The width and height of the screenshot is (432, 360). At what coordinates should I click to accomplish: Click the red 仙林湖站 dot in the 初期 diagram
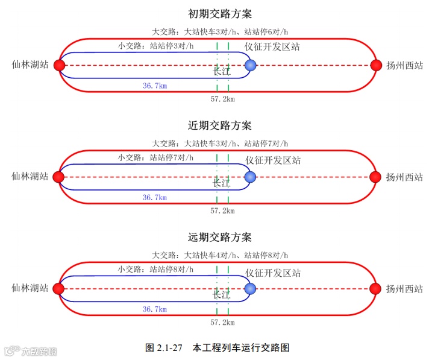(x=59, y=65)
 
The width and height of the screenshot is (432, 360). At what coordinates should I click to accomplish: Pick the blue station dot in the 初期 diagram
(x=251, y=65)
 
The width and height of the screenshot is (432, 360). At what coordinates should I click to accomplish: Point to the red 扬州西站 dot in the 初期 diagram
(x=377, y=65)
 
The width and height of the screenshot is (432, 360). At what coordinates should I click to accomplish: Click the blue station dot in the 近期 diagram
(x=251, y=177)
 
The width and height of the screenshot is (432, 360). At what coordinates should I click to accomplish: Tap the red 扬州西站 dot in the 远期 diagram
(x=377, y=288)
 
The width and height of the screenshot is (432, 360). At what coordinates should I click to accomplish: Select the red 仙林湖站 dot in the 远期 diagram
(x=59, y=288)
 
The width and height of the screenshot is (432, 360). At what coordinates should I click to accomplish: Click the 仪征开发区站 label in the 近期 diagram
(x=273, y=160)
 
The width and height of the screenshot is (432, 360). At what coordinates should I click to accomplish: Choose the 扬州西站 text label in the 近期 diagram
(x=404, y=177)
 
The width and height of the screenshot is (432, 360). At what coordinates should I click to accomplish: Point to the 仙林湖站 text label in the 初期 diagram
(x=30, y=65)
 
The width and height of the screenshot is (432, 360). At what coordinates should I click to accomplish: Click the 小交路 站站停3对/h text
(x=156, y=46)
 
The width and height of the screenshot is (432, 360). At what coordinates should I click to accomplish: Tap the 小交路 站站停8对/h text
(x=156, y=269)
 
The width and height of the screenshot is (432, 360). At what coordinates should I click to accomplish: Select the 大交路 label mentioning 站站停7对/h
(x=220, y=144)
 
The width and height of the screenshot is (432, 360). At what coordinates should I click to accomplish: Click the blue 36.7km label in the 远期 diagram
(x=155, y=309)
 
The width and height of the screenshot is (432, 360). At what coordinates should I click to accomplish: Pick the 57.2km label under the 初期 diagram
(x=222, y=99)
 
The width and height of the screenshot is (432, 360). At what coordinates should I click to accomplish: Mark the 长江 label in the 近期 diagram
(x=222, y=183)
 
